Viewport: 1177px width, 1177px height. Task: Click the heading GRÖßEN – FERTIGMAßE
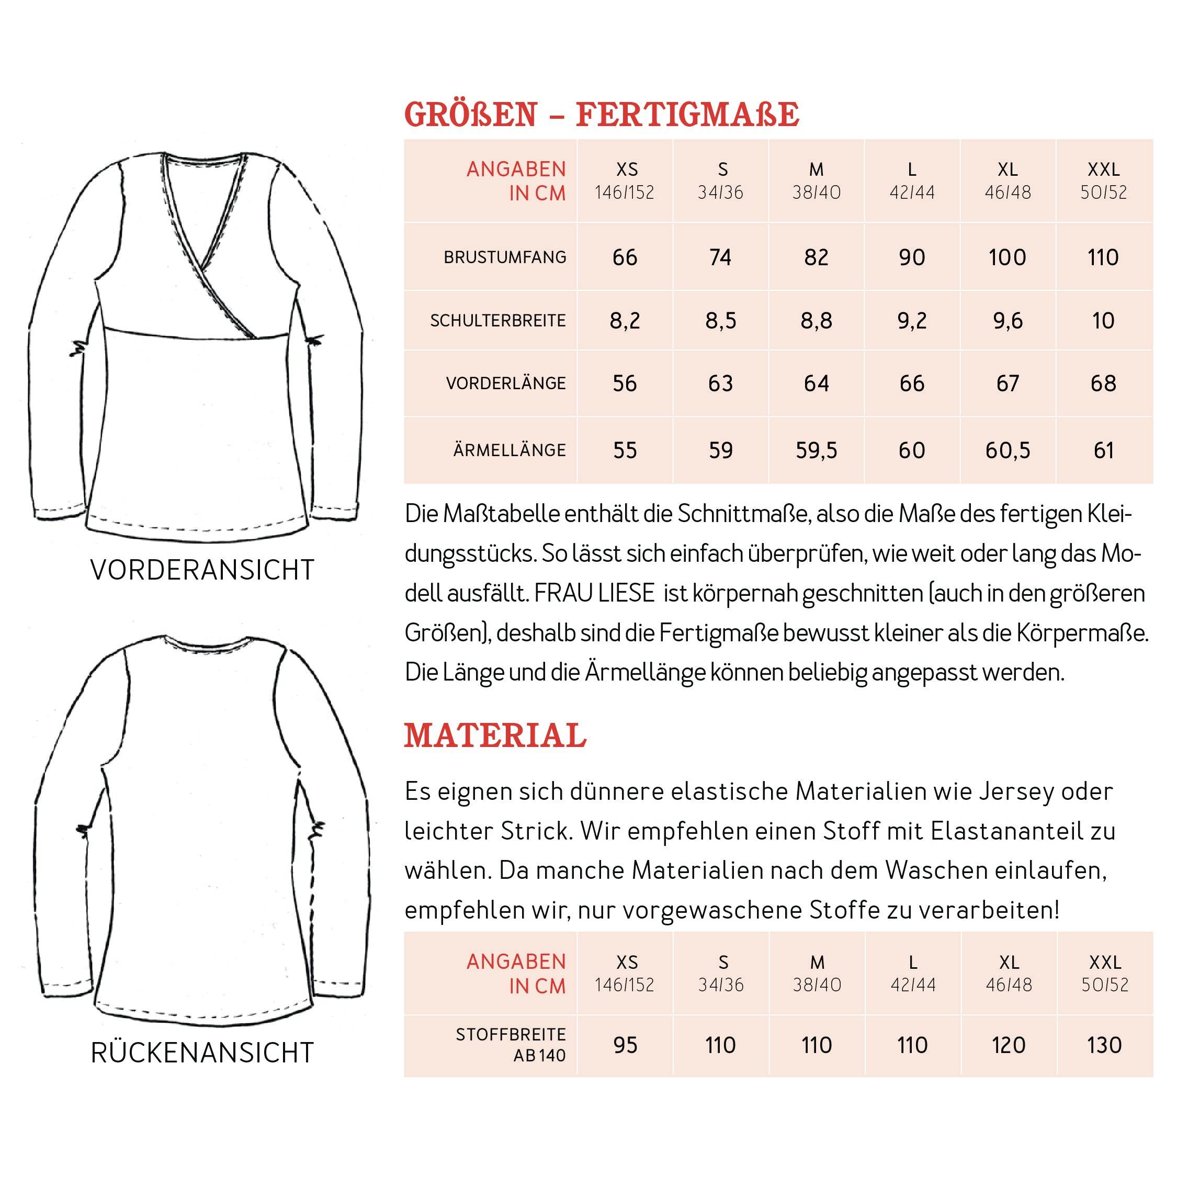click(x=601, y=114)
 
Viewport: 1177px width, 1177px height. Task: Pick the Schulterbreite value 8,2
click(x=625, y=321)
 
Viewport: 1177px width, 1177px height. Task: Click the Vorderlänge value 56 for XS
click(x=625, y=383)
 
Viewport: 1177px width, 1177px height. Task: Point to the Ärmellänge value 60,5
click(x=1007, y=450)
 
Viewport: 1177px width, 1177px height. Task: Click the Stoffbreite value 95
click(x=625, y=1045)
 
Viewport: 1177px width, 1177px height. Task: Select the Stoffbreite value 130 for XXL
click(x=1104, y=1045)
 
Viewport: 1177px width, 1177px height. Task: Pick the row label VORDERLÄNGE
click(x=506, y=383)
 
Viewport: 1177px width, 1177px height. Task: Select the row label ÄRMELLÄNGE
click(x=510, y=450)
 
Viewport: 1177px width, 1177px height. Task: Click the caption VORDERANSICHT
click(x=202, y=570)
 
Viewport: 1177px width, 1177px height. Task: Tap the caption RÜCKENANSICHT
click(x=202, y=1052)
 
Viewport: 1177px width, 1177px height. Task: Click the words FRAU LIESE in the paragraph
click(x=594, y=593)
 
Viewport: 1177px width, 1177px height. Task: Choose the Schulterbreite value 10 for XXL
click(x=1103, y=321)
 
